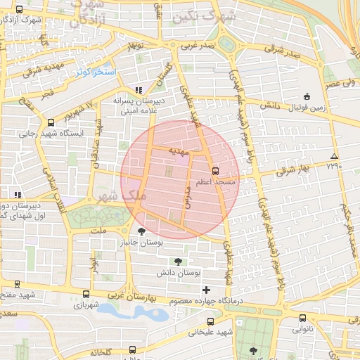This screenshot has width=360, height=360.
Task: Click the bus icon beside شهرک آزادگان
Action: [x=19, y=10]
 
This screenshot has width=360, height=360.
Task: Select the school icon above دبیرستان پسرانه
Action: [x=138, y=90]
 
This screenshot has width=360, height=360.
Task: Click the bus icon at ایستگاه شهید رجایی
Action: [x=49, y=122]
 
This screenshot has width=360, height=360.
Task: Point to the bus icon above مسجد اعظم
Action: [x=214, y=170]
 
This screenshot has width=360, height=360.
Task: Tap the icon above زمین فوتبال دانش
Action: [x=306, y=96]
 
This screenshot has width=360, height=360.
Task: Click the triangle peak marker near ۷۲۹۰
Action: [x=334, y=156]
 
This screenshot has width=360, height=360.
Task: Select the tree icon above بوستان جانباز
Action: [x=142, y=231]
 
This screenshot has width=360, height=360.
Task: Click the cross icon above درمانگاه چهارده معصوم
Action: [x=206, y=290]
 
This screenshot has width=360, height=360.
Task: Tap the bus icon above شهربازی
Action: [x=86, y=295]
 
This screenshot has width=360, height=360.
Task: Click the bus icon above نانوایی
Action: [x=302, y=318]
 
